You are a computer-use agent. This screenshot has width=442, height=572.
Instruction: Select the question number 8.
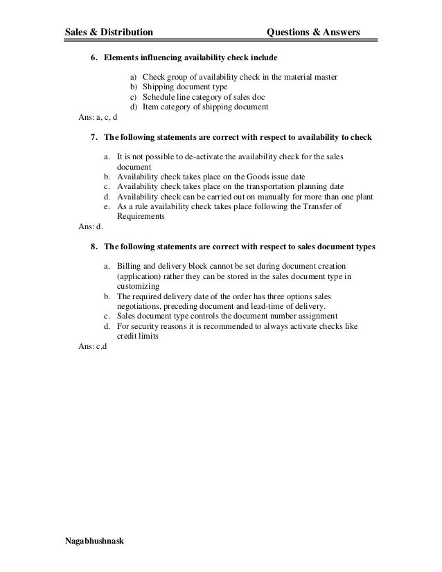tap(94, 246)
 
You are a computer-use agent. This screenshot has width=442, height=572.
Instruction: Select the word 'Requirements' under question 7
tap(141, 216)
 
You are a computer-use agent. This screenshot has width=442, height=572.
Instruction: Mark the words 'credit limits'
tap(138, 336)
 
